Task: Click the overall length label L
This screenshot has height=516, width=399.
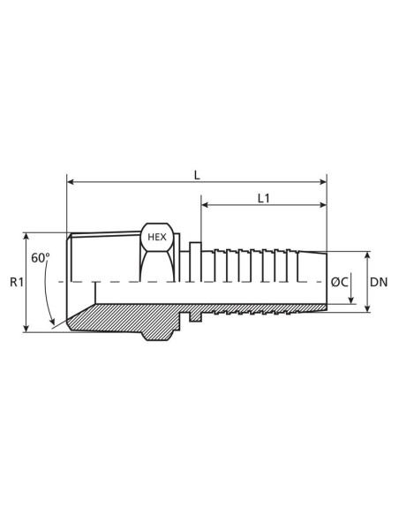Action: (197, 175)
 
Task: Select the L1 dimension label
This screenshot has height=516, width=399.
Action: (264, 199)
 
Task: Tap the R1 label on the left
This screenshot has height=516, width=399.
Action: (16, 283)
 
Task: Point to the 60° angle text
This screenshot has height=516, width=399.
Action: (41, 258)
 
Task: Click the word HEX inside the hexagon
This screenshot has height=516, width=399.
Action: (155, 238)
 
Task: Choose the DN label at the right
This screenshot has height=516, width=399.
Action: (378, 282)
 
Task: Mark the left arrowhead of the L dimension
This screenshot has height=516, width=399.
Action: (71, 184)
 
